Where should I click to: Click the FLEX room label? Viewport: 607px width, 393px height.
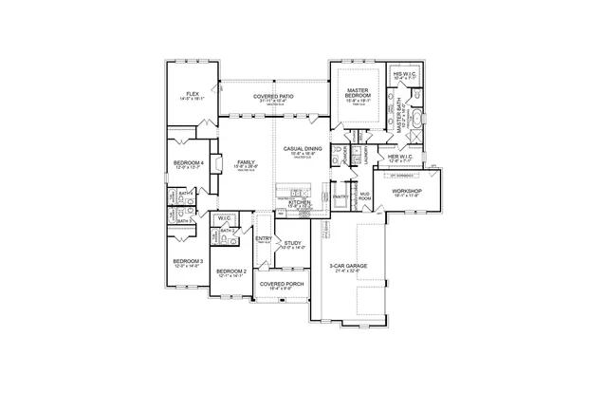point(193,94)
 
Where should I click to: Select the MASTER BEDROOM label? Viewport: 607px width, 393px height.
point(358,92)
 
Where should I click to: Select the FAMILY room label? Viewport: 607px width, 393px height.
point(247,162)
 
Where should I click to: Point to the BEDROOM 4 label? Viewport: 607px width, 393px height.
point(188,163)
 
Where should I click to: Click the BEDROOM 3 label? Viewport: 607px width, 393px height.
point(187,261)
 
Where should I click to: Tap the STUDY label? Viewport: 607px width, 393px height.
point(293,243)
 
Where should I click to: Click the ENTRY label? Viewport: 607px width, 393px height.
point(264,238)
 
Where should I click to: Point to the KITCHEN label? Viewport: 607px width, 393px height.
point(300,202)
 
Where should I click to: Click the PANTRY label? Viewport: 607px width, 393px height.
point(340,196)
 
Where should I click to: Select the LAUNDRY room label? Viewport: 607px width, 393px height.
point(366,157)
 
